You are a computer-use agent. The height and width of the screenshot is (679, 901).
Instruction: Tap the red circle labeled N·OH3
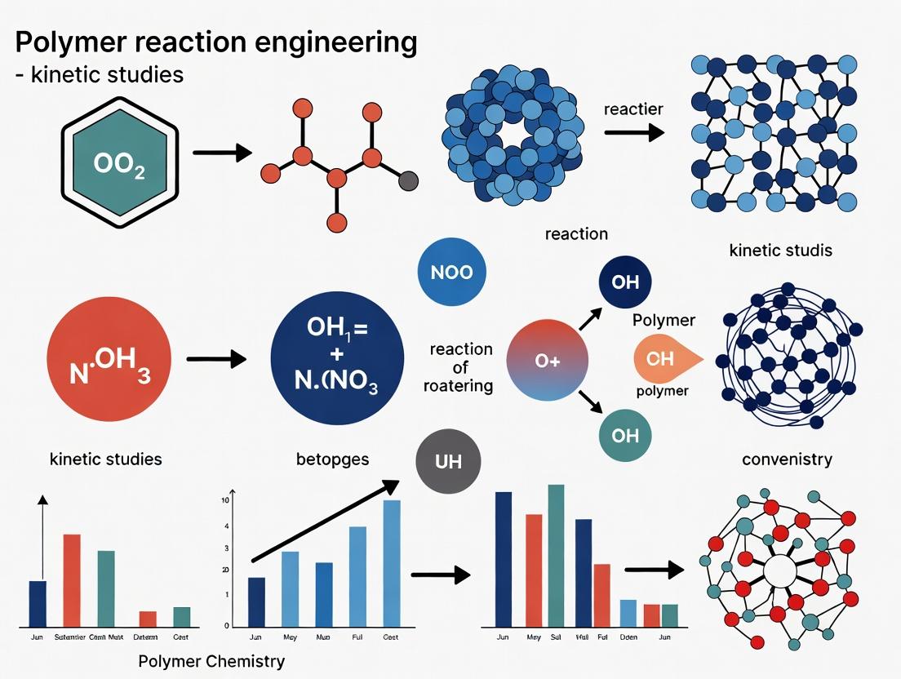pyautogui.click(x=109, y=359)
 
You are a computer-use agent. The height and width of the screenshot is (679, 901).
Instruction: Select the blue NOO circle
pyautogui.click(x=451, y=272)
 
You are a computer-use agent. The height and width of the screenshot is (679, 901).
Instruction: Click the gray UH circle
pyautogui.click(x=448, y=462)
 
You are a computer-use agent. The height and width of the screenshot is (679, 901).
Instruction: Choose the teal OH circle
pyautogui.click(x=624, y=435)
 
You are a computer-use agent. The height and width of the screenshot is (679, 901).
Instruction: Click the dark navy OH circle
pyautogui.click(x=624, y=283)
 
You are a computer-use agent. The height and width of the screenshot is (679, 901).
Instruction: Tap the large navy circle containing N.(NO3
pyautogui.click(x=337, y=359)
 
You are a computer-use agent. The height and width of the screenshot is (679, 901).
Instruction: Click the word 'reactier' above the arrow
pyautogui.click(x=633, y=109)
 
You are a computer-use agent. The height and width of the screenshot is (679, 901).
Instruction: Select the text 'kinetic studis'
pyautogui.click(x=780, y=250)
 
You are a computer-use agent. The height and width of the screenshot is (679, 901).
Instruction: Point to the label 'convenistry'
pyautogui.click(x=787, y=459)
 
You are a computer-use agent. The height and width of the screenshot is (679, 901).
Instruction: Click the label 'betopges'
pyautogui.click(x=332, y=459)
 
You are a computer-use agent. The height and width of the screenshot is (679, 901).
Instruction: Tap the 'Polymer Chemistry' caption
pyautogui.click(x=211, y=661)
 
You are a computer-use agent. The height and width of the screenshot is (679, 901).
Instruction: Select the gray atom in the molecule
pyautogui.click(x=409, y=181)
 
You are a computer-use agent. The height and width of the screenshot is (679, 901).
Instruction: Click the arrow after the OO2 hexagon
pyautogui.click(x=221, y=152)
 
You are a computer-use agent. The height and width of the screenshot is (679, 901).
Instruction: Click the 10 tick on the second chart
pyautogui.click(x=226, y=500)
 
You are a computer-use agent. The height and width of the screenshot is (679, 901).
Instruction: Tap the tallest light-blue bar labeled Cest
pyautogui.click(x=391, y=563)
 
